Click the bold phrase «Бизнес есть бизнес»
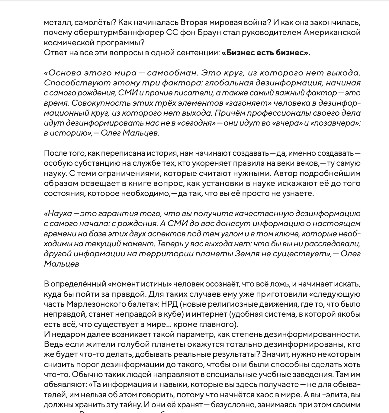click(266, 53)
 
